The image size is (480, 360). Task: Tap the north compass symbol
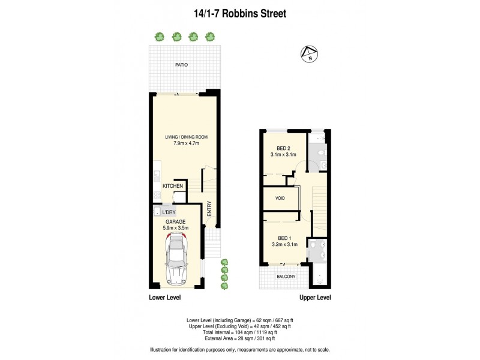coord(308,55)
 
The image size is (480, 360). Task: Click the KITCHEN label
coord(172,186)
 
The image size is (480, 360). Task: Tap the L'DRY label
coord(168,212)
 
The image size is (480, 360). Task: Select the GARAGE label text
coord(176,221)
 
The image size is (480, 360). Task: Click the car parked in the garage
coord(176,259)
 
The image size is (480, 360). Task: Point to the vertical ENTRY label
coord(209,208)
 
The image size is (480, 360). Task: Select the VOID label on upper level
coord(280,199)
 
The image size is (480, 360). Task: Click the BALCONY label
coord(286,277)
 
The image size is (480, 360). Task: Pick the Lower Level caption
coord(164,298)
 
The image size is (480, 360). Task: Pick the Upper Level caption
coord(315,298)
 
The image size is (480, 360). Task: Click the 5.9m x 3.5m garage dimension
coord(176,228)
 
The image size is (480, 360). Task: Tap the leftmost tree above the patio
coord(159,37)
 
